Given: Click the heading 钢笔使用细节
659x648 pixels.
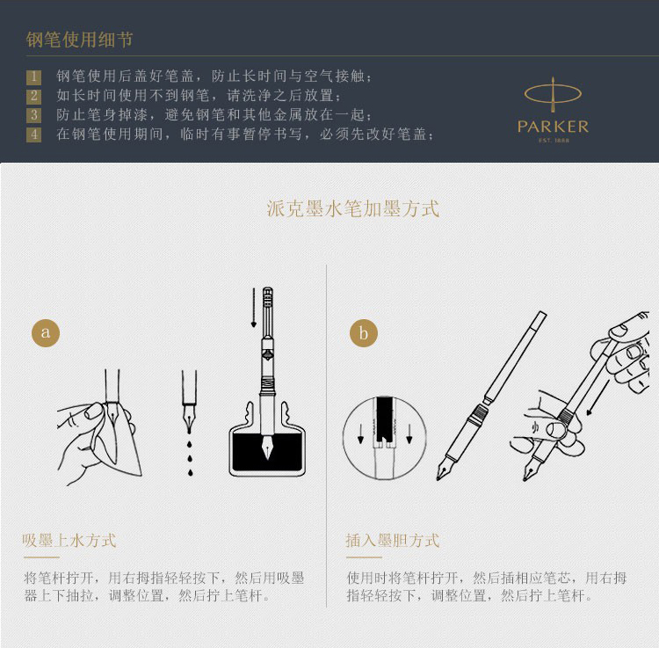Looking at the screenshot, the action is click(x=79, y=40).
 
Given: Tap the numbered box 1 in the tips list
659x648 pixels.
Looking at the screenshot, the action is click(x=33, y=76).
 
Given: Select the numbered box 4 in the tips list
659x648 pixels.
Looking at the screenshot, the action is click(x=33, y=135).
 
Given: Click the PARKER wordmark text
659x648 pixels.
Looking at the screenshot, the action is click(x=553, y=127).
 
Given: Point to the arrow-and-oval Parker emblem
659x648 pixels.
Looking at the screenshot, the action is click(x=553, y=94).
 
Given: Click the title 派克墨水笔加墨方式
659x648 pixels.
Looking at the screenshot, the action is click(x=353, y=208).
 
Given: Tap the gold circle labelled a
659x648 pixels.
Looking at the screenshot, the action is click(x=46, y=332).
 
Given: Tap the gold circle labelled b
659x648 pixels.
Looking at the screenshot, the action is click(x=364, y=332).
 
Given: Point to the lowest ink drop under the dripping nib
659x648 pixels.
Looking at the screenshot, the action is click(x=191, y=473).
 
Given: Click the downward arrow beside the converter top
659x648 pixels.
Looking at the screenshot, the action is click(x=254, y=308).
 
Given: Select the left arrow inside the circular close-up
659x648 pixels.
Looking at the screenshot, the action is click(x=360, y=433).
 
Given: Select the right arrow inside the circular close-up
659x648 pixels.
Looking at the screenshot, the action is click(x=409, y=433).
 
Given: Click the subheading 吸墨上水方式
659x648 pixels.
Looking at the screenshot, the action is click(x=69, y=541).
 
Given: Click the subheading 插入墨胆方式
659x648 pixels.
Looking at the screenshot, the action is click(x=393, y=541).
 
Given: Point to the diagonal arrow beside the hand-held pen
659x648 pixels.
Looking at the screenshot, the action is click(x=597, y=397).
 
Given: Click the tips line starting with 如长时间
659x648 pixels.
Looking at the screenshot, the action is click(x=199, y=96).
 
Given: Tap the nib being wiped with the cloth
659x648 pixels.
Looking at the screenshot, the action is click(x=113, y=416).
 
